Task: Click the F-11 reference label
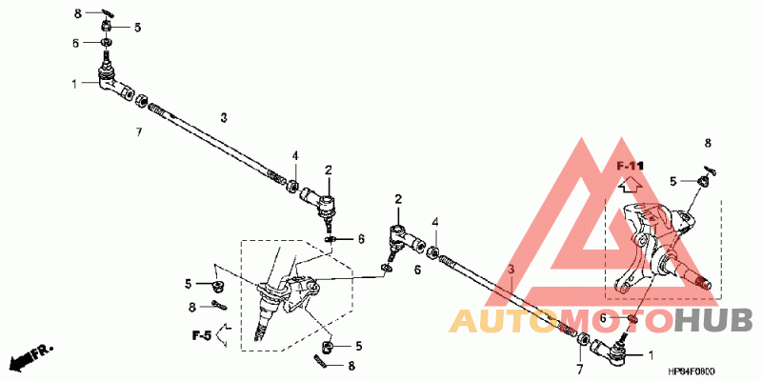coord(631,167)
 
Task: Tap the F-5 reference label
coord(201,335)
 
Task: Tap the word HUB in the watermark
coord(714,321)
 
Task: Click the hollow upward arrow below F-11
coord(630,186)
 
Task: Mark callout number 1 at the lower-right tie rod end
coord(651,354)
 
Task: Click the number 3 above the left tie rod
coord(224,117)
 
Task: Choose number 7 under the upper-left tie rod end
coord(138,131)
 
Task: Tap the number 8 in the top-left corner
coord(77,12)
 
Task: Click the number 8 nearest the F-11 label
coord(708,143)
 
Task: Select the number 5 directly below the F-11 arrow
coord(672,180)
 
